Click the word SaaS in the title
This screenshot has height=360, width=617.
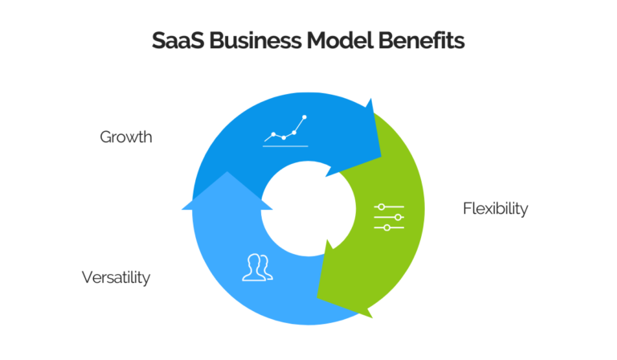(176, 41)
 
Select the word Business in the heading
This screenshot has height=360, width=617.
(250, 41)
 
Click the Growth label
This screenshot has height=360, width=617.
(125, 137)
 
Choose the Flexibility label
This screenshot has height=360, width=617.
(495, 209)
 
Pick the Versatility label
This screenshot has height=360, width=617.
(116, 278)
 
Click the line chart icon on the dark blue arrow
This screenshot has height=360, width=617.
(286, 131)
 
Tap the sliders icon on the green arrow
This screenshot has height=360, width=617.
(389, 217)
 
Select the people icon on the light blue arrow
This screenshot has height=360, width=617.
(257, 268)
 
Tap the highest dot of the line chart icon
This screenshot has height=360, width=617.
(304, 117)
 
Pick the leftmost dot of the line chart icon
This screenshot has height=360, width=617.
(274, 134)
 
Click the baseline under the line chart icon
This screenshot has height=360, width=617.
(286, 145)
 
